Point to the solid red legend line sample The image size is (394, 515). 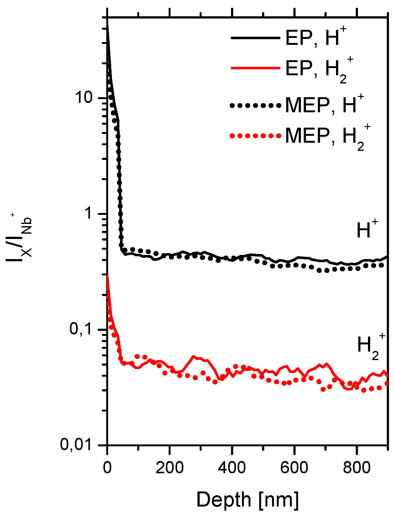pyautogui.click(x=255, y=68)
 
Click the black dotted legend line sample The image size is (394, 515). pyautogui.click(x=255, y=106)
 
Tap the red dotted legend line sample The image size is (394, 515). pyautogui.click(x=255, y=136)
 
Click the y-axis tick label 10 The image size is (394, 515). pyautogui.click(x=84, y=98)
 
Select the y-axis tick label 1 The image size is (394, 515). pyautogui.click(x=89, y=214)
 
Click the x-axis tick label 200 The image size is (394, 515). pyautogui.click(x=170, y=468)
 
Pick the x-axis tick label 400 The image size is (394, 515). pyautogui.click(x=232, y=468)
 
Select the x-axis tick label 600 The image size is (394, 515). pyautogui.click(x=294, y=468)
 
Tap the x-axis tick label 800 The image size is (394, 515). pyautogui.click(x=357, y=468)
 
